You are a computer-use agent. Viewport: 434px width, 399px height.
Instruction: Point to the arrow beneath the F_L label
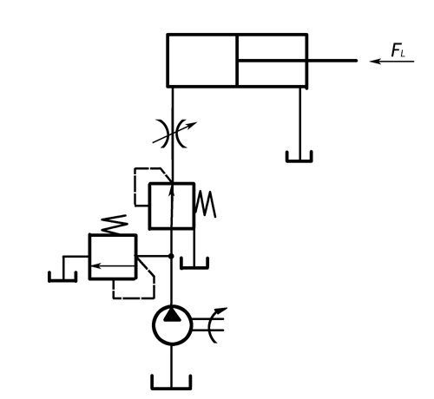coord(392,62)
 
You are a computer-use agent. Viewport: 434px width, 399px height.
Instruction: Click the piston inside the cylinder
coord(237,60)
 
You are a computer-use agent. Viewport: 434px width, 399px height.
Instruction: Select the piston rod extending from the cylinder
coord(298,61)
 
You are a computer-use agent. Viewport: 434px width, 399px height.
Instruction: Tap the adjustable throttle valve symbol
coord(174,133)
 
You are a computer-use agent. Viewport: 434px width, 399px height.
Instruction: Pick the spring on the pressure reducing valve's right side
coord(206,204)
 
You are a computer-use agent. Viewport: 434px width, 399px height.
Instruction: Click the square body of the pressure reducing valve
coord(172,206)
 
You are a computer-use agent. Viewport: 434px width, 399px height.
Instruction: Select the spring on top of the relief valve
coord(115,225)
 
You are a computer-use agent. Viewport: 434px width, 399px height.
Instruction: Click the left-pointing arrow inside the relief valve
coord(113,265)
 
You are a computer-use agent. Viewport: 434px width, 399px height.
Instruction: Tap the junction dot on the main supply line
coord(171,256)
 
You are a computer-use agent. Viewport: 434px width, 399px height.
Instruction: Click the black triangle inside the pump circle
coord(172,315)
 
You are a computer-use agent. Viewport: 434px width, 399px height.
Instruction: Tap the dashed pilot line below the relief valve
coord(134,298)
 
